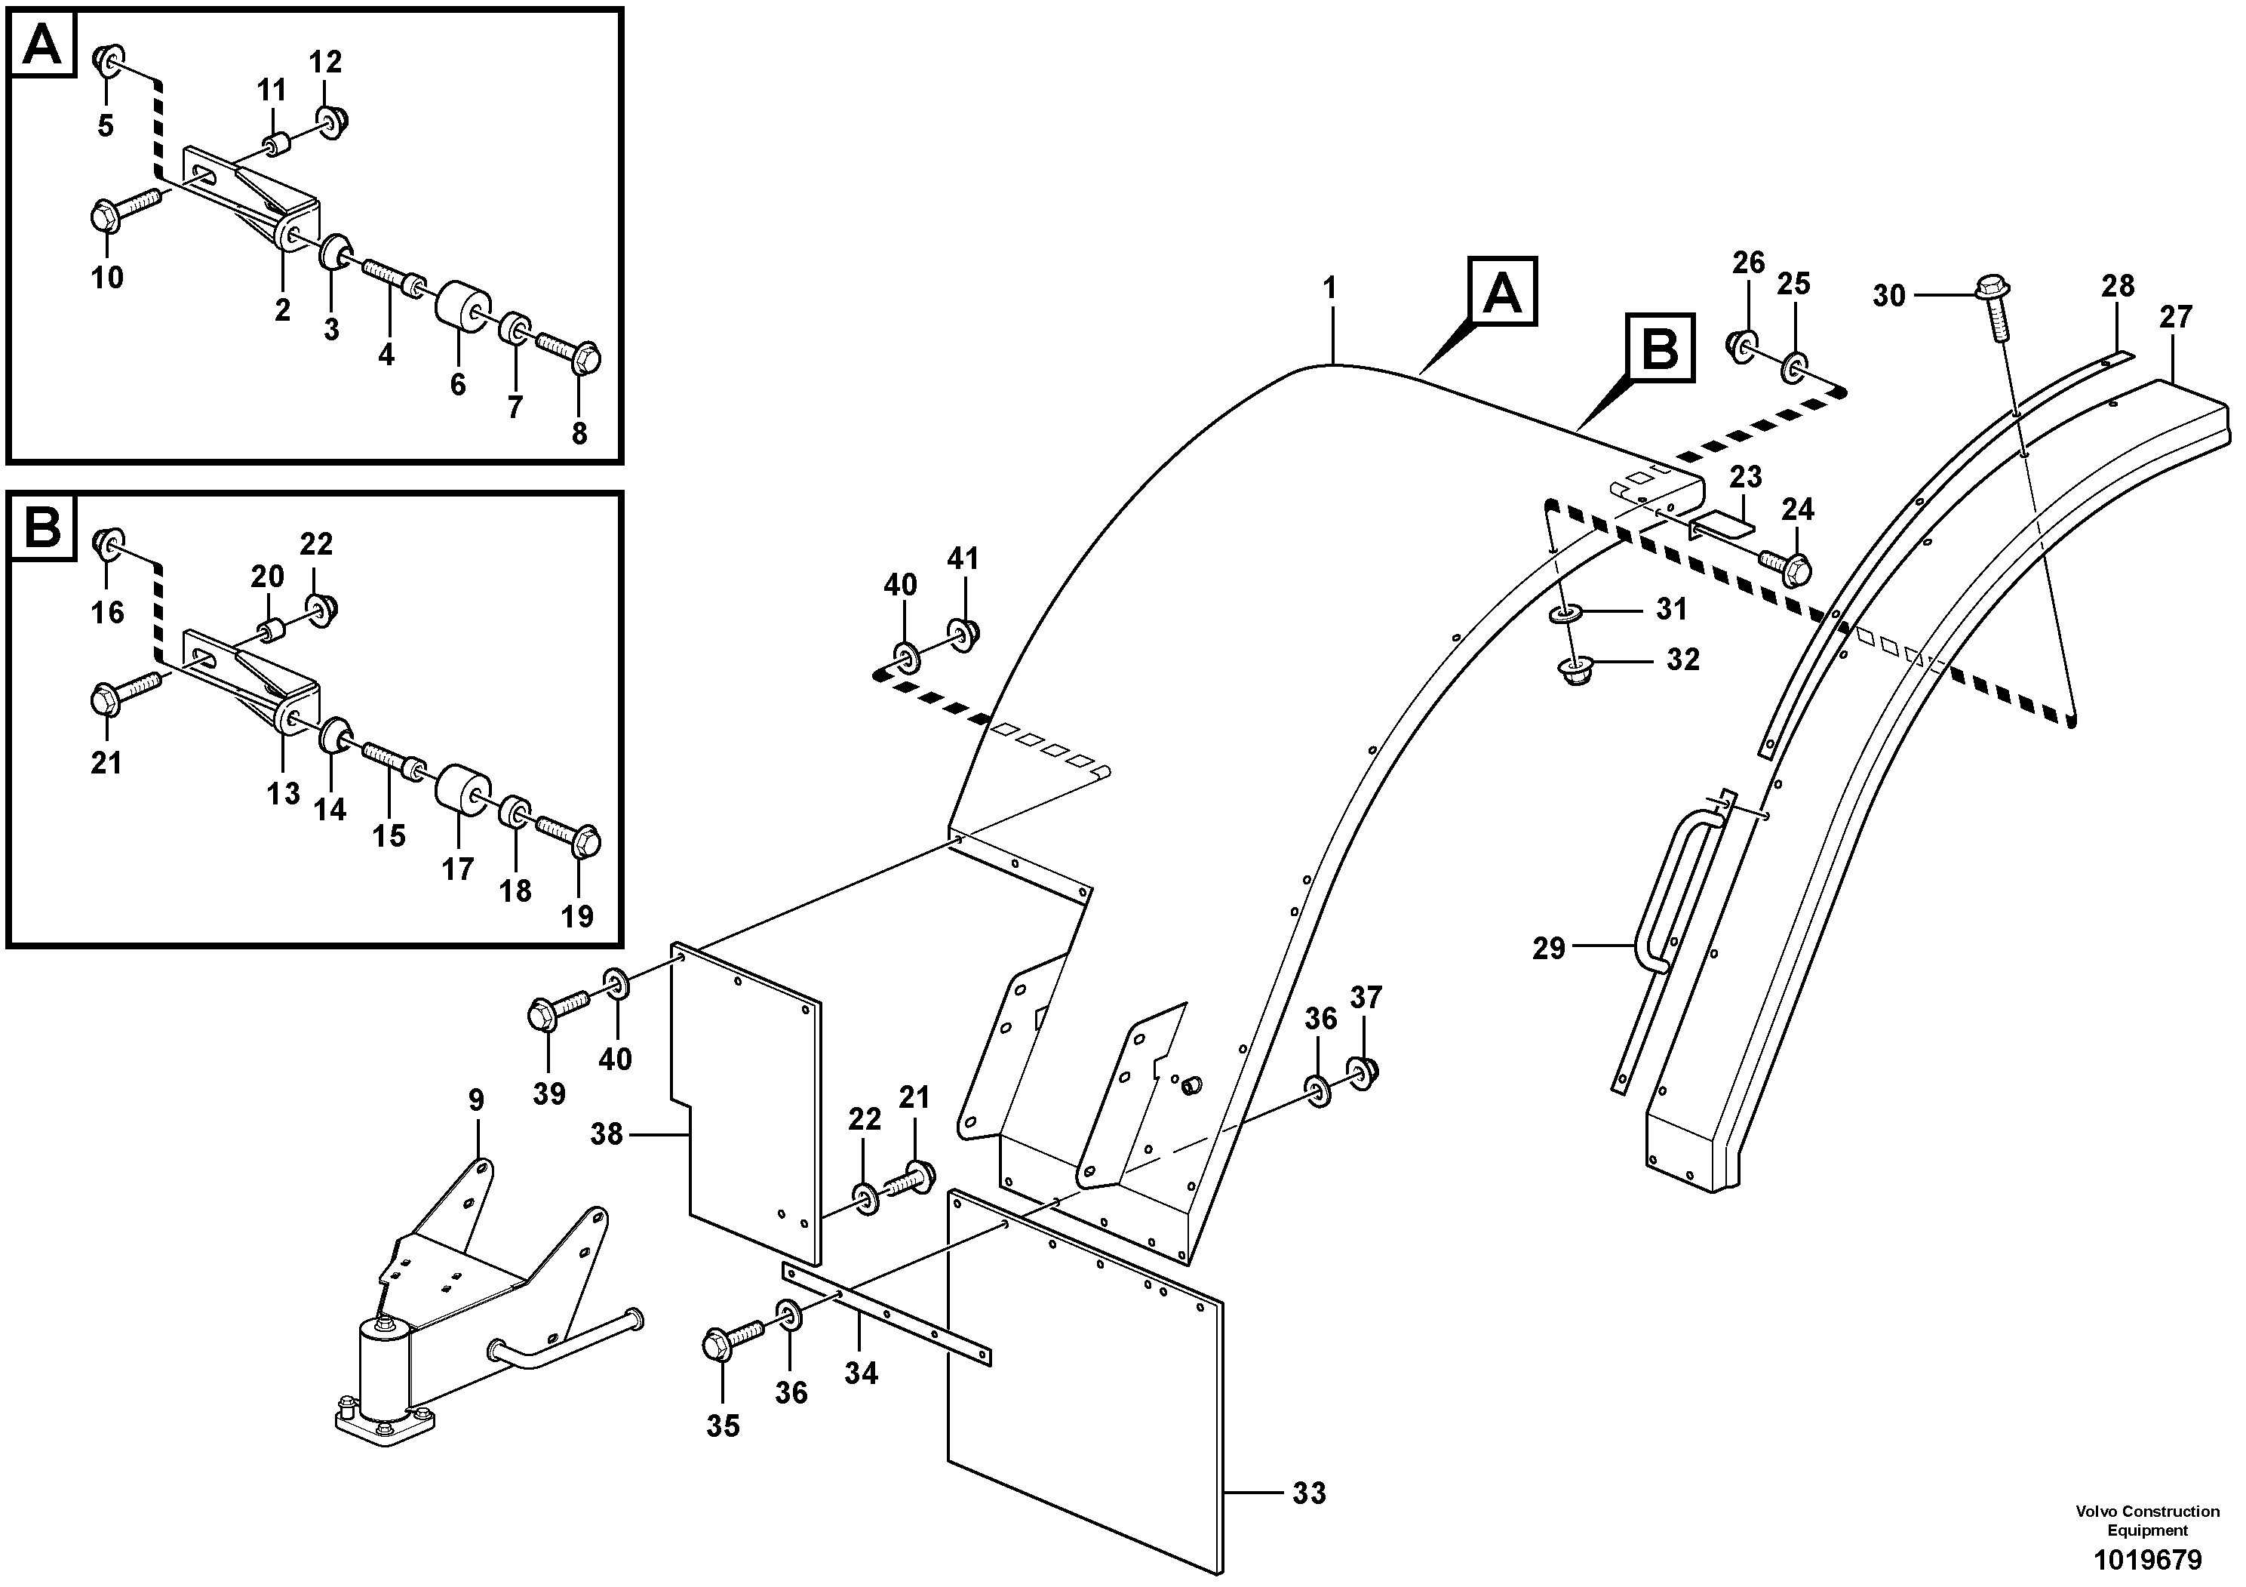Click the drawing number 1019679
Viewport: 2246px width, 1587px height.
click(2147, 1558)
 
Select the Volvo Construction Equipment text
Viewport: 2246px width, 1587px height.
click(2147, 1521)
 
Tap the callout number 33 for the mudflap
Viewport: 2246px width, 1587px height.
click(1309, 1493)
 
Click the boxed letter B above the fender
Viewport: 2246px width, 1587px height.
click(1660, 349)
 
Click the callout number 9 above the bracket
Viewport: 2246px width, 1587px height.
click(476, 1101)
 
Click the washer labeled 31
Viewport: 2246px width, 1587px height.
click(1565, 614)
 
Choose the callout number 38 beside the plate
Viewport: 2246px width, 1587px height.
click(607, 1134)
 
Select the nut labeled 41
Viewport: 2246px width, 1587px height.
click(964, 635)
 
